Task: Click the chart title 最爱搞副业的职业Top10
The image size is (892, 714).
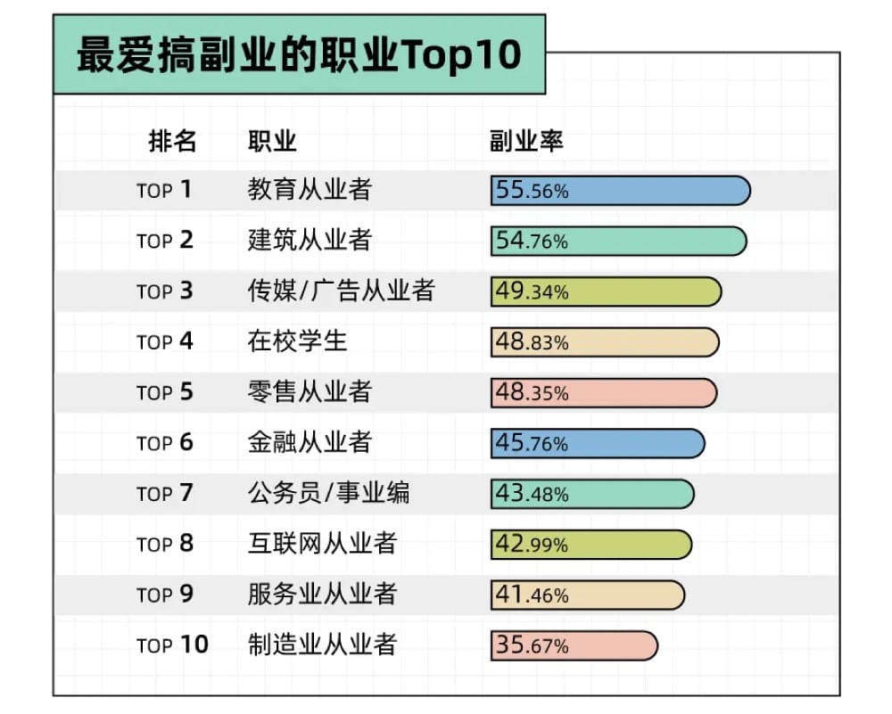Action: click(x=299, y=54)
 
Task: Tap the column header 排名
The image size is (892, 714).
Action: click(x=172, y=141)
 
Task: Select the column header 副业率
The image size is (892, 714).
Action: click(x=526, y=141)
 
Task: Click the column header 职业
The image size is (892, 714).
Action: click(x=272, y=141)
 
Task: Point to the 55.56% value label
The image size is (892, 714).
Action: click(x=532, y=191)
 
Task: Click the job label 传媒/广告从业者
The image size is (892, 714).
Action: click(x=341, y=291)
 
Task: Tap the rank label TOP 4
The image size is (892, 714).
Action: click(x=165, y=342)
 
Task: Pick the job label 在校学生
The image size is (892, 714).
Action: click(x=297, y=341)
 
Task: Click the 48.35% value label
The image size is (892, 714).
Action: click(x=532, y=393)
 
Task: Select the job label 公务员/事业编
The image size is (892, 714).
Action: click(x=328, y=493)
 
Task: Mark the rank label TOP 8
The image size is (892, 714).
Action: click(x=165, y=544)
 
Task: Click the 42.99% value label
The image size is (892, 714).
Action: click(x=532, y=544)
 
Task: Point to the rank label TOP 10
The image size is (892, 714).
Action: click(x=172, y=645)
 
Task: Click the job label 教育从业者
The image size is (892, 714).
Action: click(x=310, y=190)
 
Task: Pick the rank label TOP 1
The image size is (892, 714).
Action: click(x=165, y=191)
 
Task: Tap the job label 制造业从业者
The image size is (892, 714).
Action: click(x=322, y=644)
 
